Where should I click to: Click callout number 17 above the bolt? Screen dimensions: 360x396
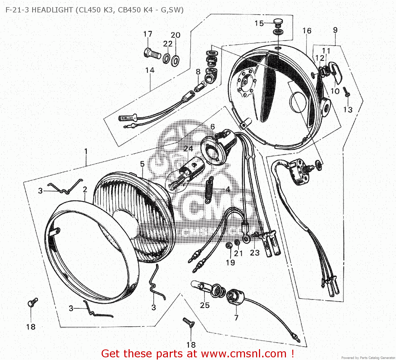coord(148,34)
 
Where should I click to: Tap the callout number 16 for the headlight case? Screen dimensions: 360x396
coord(307,31)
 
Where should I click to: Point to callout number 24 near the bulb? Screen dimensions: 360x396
coord(188,149)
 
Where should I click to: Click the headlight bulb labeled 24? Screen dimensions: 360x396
coord(185,173)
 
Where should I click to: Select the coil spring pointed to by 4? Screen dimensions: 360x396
coord(209,190)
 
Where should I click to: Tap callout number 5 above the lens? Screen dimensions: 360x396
coord(142,164)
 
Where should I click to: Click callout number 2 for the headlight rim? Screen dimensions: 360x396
coord(85,190)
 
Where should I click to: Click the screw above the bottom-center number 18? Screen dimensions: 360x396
coord(189,322)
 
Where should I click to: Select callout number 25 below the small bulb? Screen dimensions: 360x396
coord(205,305)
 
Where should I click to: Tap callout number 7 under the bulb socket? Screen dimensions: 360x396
coord(236,318)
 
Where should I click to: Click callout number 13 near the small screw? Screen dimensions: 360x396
coord(348,109)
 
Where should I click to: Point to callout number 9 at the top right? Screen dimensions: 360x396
coord(335,30)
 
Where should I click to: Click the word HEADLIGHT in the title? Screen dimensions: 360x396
coord(52,10)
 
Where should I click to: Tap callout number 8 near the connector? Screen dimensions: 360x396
coord(198,72)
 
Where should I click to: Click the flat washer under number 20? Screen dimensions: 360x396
coord(175,61)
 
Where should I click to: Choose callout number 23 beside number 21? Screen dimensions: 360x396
coord(255,253)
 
